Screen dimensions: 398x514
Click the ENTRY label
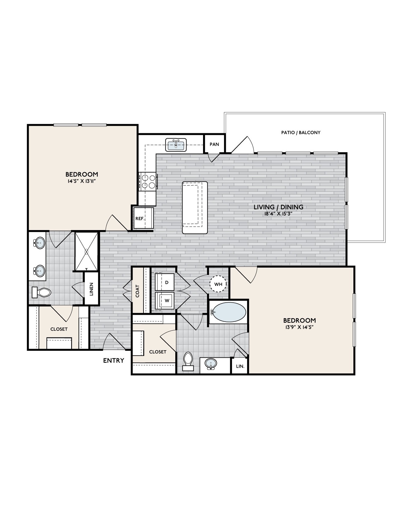click(x=114, y=361)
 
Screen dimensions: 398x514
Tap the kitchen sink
click(x=176, y=145)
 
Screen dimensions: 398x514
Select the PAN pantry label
click(x=214, y=144)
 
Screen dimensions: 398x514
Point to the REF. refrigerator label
click(x=140, y=219)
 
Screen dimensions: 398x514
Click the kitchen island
click(x=195, y=207)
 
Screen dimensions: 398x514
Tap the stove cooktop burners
click(x=148, y=181)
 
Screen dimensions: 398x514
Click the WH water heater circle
click(x=218, y=284)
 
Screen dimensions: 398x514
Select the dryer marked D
click(x=164, y=282)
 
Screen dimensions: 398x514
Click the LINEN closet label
click(x=91, y=289)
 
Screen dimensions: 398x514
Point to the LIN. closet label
click(x=240, y=366)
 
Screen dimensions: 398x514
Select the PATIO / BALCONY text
click(x=301, y=132)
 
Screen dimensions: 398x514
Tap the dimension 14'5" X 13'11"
click(x=82, y=181)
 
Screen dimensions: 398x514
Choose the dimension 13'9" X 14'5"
click(x=299, y=328)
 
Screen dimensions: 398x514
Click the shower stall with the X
click(x=86, y=252)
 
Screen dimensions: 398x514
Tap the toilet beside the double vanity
click(x=41, y=293)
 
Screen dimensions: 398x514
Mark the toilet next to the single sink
click(x=188, y=361)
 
